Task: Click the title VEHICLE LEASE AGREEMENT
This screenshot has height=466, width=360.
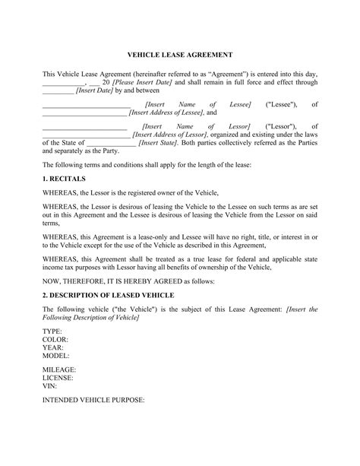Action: coord(179,55)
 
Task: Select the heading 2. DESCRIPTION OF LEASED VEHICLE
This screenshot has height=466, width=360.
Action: coord(112,293)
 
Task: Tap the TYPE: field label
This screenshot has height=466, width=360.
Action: coord(52,332)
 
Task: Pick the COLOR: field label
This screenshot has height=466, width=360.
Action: coord(55,340)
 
